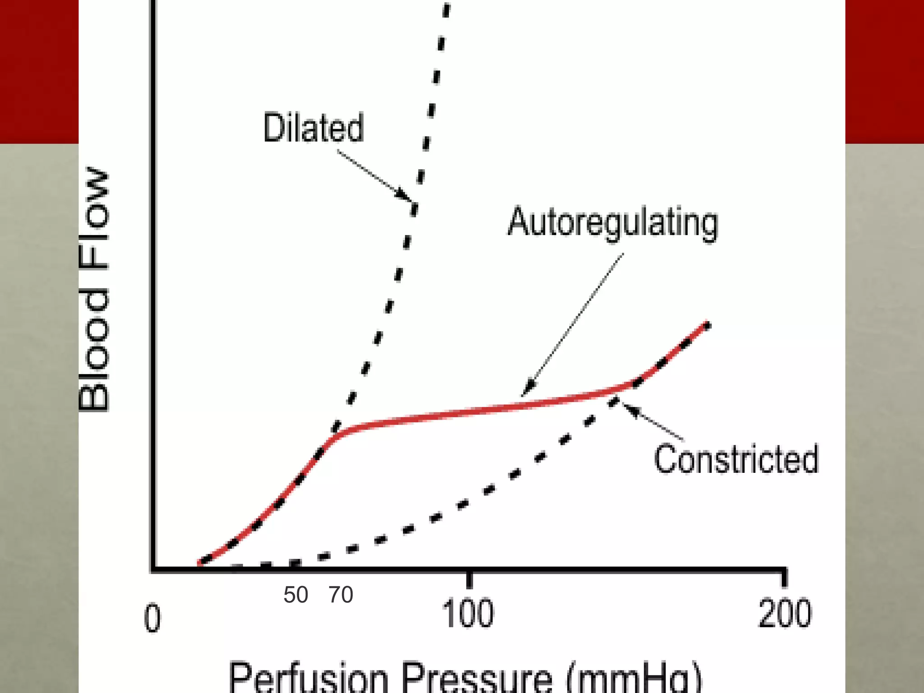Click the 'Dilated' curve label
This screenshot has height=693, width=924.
(313, 128)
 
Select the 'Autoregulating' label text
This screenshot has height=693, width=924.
(613, 222)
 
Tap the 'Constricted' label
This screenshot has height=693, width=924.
(736, 459)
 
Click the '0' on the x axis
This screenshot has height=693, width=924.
(152, 618)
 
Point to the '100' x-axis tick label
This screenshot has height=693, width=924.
(468, 614)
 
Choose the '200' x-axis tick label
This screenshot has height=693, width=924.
(785, 614)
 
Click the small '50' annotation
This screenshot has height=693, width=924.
(296, 595)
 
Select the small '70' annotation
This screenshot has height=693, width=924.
(341, 595)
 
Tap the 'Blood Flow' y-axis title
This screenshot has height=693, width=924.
(94, 289)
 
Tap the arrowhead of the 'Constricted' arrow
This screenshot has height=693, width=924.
(630, 409)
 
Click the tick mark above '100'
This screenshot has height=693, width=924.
(469, 580)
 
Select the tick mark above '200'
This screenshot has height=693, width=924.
(784, 579)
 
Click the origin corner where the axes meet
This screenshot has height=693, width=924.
(154, 570)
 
